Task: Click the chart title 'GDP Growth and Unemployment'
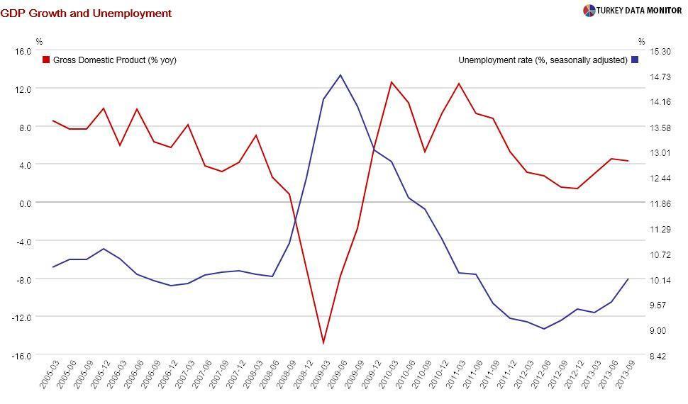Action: pos(86,13)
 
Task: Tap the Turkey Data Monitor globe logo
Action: pos(589,11)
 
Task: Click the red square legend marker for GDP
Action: pos(46,60)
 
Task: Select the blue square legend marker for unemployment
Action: pos(635,60)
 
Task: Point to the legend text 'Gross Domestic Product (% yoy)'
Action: pos(114,60)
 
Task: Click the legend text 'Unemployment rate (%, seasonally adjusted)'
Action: pos(543,60)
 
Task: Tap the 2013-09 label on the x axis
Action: pos(621,376)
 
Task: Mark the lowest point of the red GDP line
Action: pos(323,343)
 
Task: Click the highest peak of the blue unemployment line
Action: pos(340,74)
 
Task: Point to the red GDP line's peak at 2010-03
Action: pos(392,82)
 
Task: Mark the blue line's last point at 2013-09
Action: pos(628,279)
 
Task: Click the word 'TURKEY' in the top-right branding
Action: pos(612,11)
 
